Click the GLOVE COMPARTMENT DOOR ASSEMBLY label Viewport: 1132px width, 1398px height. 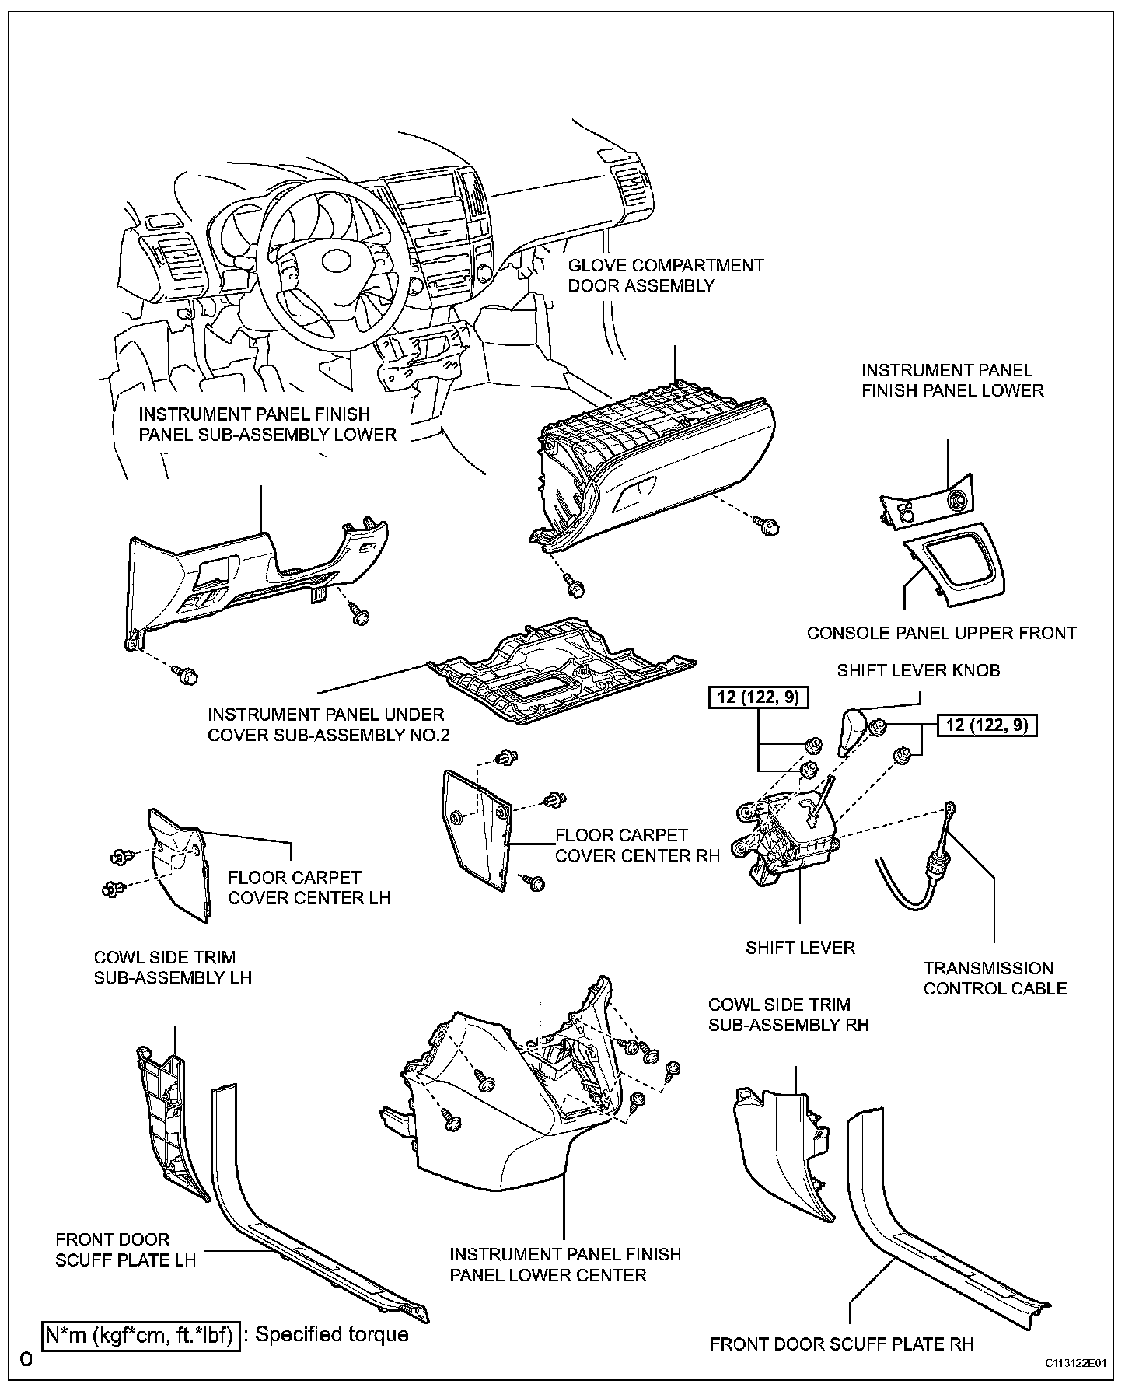pyautogui.click(x=666, y=275)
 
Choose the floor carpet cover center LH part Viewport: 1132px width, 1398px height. pyautogui.click(x=179, y=863)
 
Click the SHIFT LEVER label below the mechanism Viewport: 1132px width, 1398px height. pyautogui.click(x=800, y=947)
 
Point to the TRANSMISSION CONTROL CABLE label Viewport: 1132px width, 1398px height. pyautogui.click(x=994, y=978)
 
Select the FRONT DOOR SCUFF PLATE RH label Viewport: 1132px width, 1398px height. pyautogui.click(x=841, y=1344)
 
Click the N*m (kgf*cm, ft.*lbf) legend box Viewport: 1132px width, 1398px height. pyautogui.click(x=140, y=1335)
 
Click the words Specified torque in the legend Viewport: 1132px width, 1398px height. pyautogui.click(x=332, y=1334)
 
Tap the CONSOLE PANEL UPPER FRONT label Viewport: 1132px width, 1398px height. pyautogui.click(x=941, y=633)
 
